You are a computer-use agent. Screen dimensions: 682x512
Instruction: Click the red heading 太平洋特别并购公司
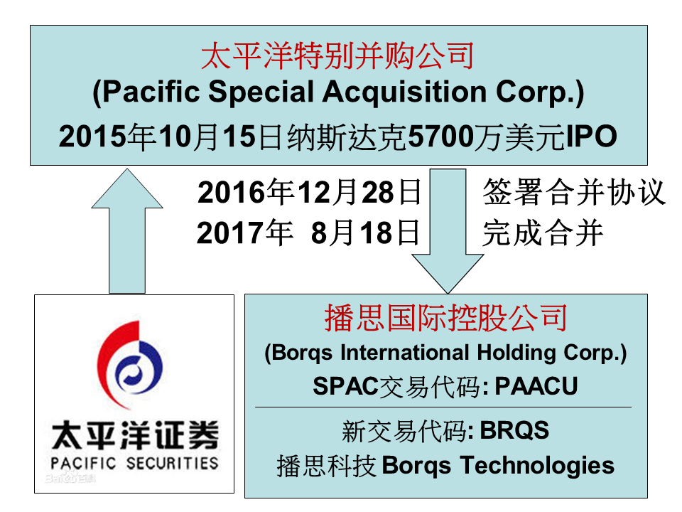(x=337, y=55)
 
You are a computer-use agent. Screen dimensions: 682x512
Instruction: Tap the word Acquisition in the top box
(x=404, y=93)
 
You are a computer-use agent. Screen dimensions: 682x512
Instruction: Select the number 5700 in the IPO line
(x=441, y=137)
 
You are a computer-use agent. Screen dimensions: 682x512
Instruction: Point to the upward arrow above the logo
(x=127, y=230)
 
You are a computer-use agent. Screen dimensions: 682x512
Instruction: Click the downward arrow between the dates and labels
(x=448, y=230)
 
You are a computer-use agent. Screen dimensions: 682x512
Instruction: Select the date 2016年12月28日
(x=309, y=192)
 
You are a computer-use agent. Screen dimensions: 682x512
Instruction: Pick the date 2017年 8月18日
(x=308, y=233)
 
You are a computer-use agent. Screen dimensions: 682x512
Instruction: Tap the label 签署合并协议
(x=574, y=191)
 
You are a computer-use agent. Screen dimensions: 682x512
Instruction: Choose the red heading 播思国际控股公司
(x=446, y=318)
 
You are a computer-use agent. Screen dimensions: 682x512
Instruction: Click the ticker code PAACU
(x=536, y=385)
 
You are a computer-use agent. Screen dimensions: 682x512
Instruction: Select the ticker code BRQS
(x=514, y=431)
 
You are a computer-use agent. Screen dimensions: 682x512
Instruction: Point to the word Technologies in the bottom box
(x=538, y=466)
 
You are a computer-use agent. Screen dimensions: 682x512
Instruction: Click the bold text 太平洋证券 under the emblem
(x=135, y=435)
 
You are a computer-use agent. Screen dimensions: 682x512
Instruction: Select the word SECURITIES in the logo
(x=172, y=463)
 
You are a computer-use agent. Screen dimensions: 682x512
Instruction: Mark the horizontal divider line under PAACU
(x=443, y=407)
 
